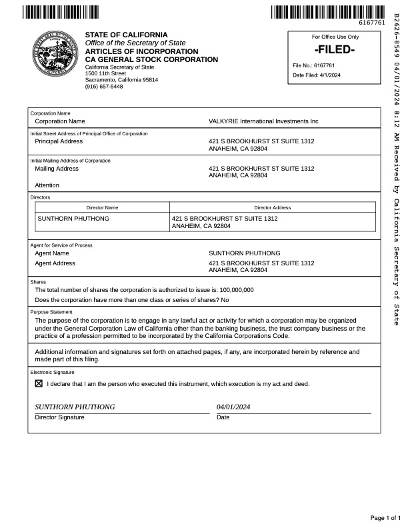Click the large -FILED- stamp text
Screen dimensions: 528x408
pyautogui.click(x=334, y=51)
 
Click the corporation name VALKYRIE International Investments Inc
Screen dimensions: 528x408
pyautogui.click(x=263, y=121)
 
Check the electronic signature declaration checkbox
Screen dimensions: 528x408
pyautogui.click(x=39, y=384)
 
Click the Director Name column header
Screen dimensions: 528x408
pyautogui.click(x=103, y=207)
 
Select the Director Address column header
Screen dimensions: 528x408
pyautogui.click(x=272, y=207)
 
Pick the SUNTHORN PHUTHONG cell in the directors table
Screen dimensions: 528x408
pyautogui.click(x=73, y=219)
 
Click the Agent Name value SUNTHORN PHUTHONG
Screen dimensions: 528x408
pyautogui.click(x=245, y=253)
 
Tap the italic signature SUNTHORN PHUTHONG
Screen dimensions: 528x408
pyautogui.click(x=75, y=407)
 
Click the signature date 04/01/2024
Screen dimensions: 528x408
pyautogui.click(x=233, y=407)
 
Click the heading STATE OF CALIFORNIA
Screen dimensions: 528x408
pyautogui.click(x=127, y=35)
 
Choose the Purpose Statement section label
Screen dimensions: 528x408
pyautogui.click(x=51, y=312)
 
